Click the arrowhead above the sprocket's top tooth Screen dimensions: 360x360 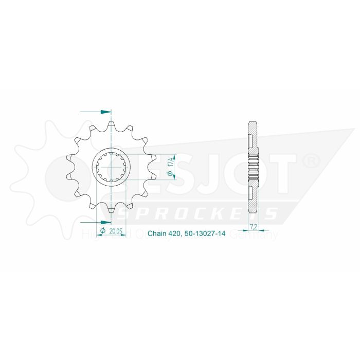coord(107,111)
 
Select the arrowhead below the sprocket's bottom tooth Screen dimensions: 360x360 coord(107,222)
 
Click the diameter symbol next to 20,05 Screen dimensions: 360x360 coord(103,231)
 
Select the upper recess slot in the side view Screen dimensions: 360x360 coord(250,139)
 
